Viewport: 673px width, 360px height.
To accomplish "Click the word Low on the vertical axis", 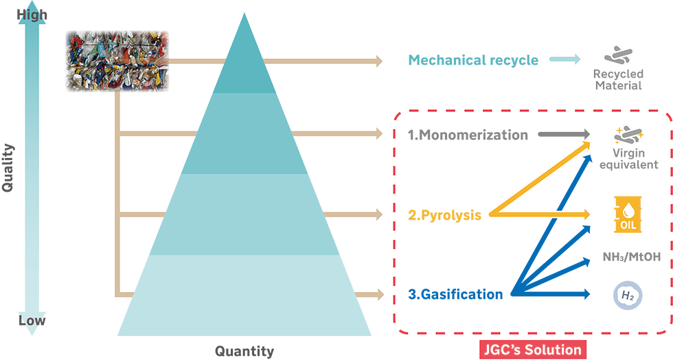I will [32, 320].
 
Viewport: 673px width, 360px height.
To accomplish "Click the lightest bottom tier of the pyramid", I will [244, 295].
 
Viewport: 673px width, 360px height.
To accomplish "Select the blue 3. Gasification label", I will [454, 295].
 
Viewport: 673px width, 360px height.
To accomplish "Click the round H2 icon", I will [626, 296].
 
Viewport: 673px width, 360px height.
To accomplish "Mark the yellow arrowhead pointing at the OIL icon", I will [587, 214].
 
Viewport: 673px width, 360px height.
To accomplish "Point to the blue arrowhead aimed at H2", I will [587, 296].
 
